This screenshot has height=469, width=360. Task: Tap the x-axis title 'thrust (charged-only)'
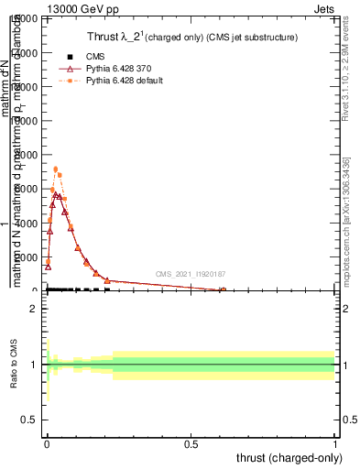pos(285,456)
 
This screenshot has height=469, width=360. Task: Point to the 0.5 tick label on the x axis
pos(191,443)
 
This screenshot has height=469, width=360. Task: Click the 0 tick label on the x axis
pos(47,443)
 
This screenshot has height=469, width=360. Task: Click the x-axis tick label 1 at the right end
pos(335,443)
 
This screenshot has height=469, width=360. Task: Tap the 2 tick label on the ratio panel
pos(33,309)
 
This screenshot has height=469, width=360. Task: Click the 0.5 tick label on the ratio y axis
pos(30,420)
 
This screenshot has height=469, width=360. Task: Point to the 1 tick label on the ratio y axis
pos(33,365)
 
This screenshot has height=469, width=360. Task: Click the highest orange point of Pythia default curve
pos(56,169)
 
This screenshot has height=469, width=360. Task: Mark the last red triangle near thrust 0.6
pos(223,290)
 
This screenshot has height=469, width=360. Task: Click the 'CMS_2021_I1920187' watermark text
pos(190,274)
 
